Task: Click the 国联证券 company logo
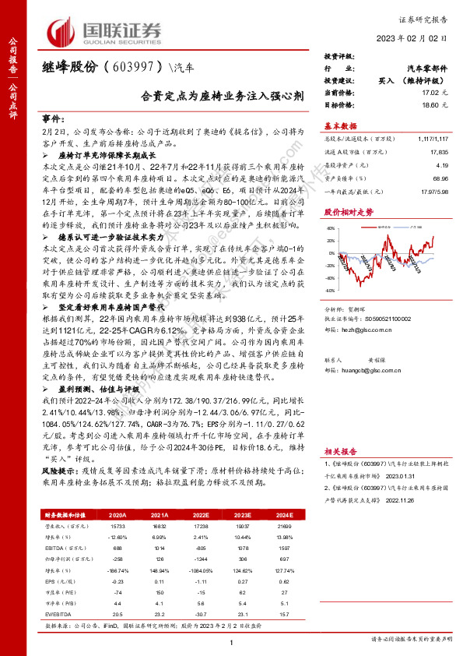point(106,32)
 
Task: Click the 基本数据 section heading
point(340,125)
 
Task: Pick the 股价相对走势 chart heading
point(345,212)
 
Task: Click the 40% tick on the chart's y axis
point(331,229)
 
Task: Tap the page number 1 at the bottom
point(231,641)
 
